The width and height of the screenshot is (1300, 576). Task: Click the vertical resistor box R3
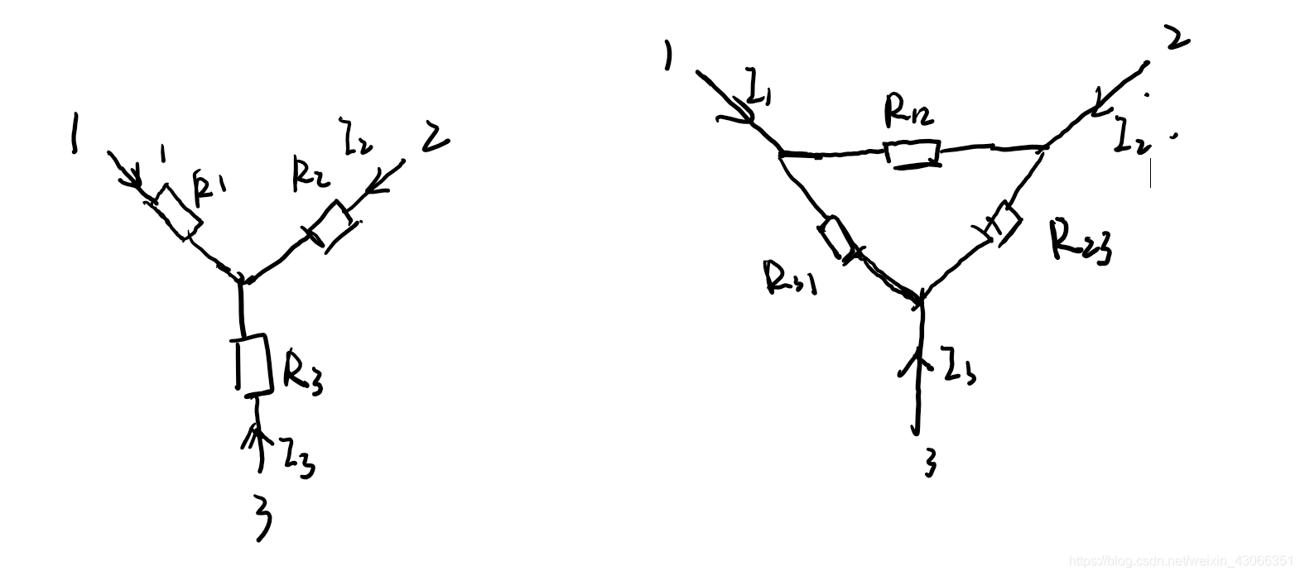click(x=253, y=363)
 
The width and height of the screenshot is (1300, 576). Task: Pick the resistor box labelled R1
click(x=177, y=212)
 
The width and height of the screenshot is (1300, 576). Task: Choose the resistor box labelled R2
click(x=330, y=225)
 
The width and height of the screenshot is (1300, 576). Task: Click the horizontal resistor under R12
click(x=912, y=154)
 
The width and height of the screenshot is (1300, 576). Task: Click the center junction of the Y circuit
click(x=242, y=280)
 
